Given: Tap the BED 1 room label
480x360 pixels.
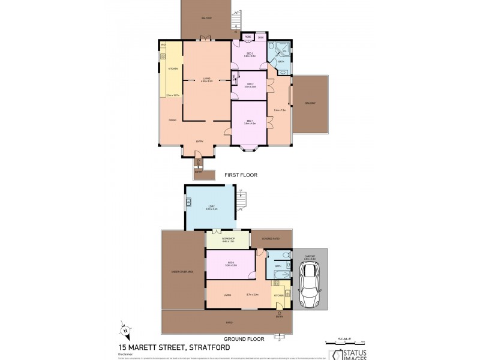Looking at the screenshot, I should click(250, 122).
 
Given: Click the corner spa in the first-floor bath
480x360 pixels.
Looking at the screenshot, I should click(281, 47).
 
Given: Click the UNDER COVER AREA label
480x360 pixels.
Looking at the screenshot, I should click(182, 272).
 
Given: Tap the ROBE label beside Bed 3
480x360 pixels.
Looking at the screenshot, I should click(247, 37).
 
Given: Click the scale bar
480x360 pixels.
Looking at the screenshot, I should click(346, 342).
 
